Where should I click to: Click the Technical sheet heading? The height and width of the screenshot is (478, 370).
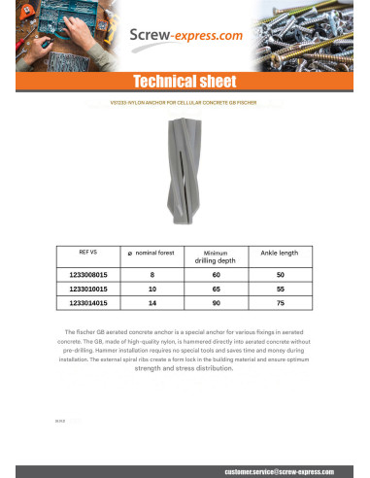(185, 82)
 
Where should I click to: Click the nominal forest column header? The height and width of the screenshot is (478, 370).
(151, 253)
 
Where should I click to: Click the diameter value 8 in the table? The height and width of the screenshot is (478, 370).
(151, 275)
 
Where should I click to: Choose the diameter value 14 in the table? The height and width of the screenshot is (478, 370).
(151, 304)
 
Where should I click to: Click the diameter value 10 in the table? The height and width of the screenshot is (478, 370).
(151, 290)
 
